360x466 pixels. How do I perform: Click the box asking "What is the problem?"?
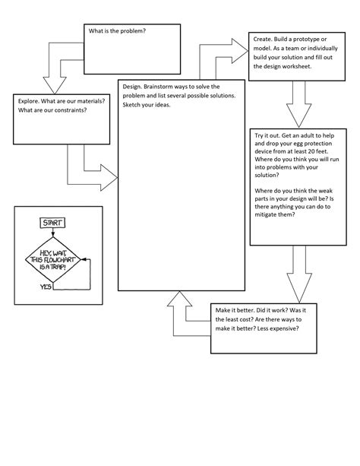(131, 46)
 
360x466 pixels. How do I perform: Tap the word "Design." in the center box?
(134, 87)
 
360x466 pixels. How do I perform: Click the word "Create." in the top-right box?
(267, 40)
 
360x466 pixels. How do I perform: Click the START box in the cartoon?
(51, 222)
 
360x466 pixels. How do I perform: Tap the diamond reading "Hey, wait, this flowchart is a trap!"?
(52, 258)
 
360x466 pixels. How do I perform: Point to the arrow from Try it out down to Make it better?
(297, 274)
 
